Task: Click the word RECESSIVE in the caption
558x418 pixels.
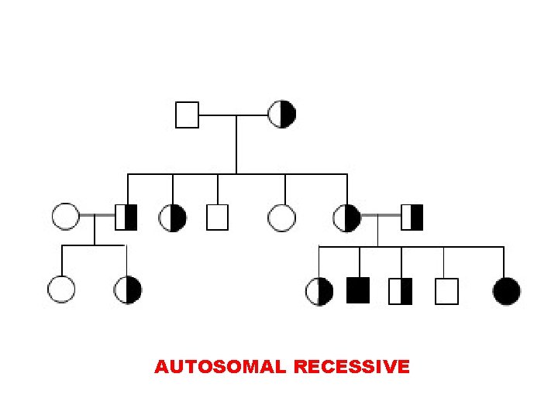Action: pos(352,367)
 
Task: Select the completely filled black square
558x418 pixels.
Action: pos(358,290)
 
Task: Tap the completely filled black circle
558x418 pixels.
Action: pos(507,290)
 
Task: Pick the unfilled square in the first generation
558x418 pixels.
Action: pos(187,115)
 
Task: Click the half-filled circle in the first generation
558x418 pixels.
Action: pos(281,115)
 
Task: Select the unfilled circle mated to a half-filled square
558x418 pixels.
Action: pos(66,217)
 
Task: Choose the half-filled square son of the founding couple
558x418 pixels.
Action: pos(126,217)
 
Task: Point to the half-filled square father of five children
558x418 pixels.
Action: pos(412,217)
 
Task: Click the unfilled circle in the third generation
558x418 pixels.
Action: pos(61,290)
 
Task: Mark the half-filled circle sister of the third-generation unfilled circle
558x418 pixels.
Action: pos(128,290)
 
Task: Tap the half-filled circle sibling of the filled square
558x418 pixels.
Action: pos(320,290)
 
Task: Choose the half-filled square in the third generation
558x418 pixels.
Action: pos(401,290)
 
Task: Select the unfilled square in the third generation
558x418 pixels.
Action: pos(446,290)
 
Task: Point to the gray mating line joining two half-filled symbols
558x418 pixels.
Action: pos(381,217)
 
